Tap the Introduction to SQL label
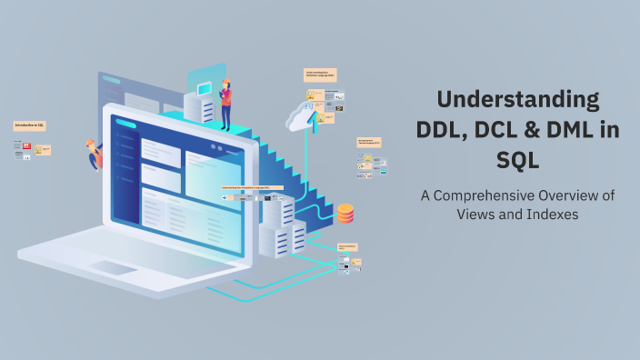[30, 125]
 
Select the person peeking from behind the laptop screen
[94, 155]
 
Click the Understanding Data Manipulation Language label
[252, 188]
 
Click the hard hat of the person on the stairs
[225, 83]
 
